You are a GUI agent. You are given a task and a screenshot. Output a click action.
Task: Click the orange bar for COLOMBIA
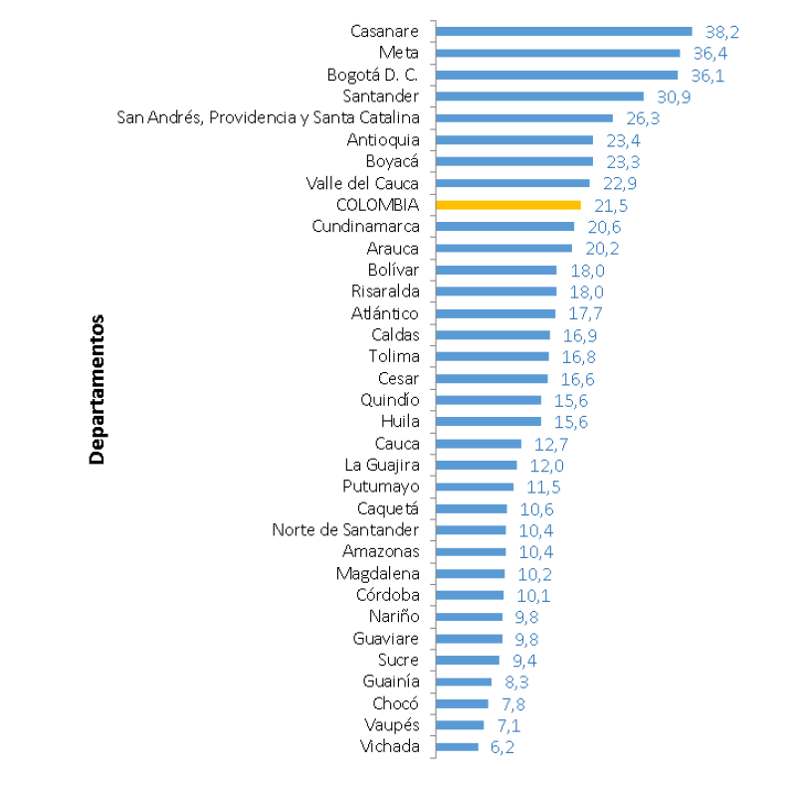(x=508, y=205)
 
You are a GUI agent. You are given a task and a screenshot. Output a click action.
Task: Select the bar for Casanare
(x=564, y=31)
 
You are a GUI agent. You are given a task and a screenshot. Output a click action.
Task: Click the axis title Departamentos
(x=97, y=390)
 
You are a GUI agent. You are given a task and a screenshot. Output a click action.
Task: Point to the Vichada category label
(x=391, y=747)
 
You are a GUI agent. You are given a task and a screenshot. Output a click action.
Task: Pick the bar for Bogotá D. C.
(x=557, y=75)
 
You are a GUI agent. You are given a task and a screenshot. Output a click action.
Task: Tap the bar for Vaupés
(x=460, y=725)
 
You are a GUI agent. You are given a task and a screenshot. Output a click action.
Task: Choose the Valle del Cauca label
(x=363, y=183)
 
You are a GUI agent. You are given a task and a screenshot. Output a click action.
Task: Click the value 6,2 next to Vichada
(x=503, y=747)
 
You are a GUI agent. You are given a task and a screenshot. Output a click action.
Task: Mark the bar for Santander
(x=540, y=97)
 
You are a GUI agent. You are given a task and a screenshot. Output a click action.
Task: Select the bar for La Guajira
(x=477, y=465)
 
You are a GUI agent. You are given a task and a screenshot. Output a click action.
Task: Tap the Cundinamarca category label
(x=365, y=227)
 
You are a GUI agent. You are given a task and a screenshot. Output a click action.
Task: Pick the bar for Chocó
(x=463, y=703)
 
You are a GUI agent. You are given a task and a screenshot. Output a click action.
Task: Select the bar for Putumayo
(x=475, y=487)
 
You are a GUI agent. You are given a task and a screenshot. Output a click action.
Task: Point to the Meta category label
(x=399, y=53)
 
